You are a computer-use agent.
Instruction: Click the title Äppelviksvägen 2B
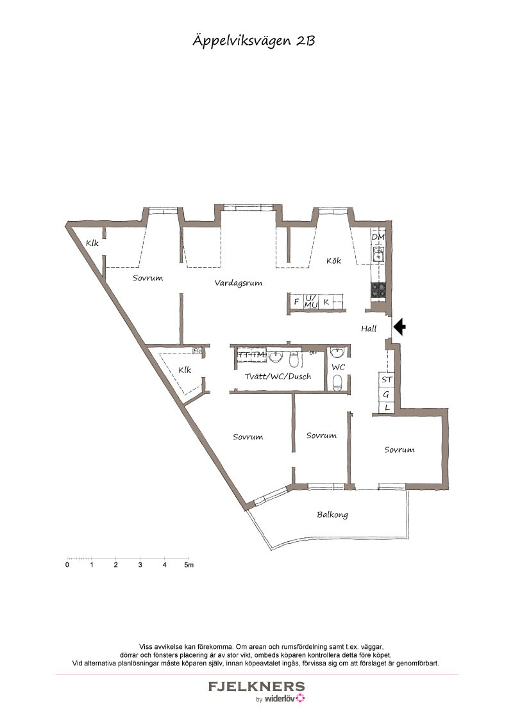(254, 41)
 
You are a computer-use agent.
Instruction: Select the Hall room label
(369, 329)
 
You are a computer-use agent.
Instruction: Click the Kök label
(334, 261)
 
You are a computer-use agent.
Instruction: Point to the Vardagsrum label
(239, 283)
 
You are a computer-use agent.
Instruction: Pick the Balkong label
(332, 515)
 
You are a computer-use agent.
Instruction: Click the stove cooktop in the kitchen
(378, 290)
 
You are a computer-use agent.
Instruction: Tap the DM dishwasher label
(378, 237)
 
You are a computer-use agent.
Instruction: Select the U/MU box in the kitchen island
(310, 302)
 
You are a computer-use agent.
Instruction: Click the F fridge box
(296, 302)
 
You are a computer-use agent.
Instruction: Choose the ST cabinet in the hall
(387, 380)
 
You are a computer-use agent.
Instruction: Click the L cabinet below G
(387, 408)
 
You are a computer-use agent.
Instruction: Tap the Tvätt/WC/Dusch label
(278, 377)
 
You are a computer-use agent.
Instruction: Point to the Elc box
(198, 351)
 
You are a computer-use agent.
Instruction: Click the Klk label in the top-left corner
(92, 243)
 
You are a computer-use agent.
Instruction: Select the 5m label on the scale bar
(189, 565)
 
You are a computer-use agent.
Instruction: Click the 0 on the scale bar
(67, 565)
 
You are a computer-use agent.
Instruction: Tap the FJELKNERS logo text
(256, 686)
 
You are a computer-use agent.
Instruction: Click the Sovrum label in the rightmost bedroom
(399, 450)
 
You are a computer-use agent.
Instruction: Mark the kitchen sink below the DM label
(378, 254)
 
